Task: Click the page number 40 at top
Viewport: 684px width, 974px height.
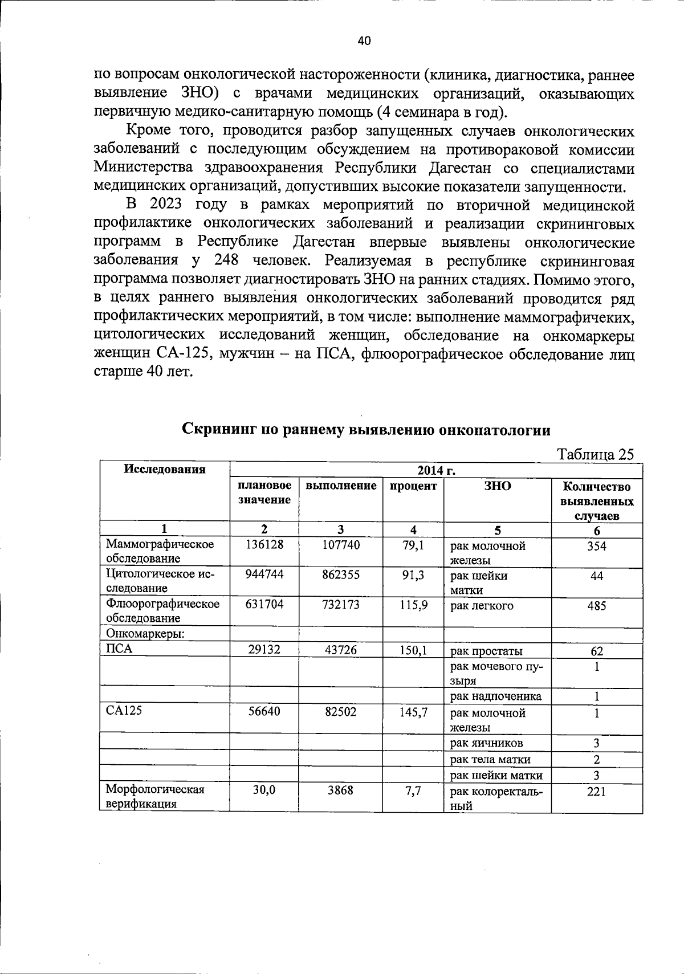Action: (364, 40)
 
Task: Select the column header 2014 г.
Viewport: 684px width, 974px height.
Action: (435, 471)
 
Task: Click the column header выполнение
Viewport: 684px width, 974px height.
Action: (341, 486)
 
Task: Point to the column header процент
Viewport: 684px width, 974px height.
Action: (413, 486)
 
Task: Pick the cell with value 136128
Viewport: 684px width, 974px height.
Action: (264, 545)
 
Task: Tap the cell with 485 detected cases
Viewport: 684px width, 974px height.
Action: (597, 605)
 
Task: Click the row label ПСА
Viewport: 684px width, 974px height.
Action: (116, 649)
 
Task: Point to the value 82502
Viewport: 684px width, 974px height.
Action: (341, 712)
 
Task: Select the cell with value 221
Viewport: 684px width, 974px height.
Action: (597, 791)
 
